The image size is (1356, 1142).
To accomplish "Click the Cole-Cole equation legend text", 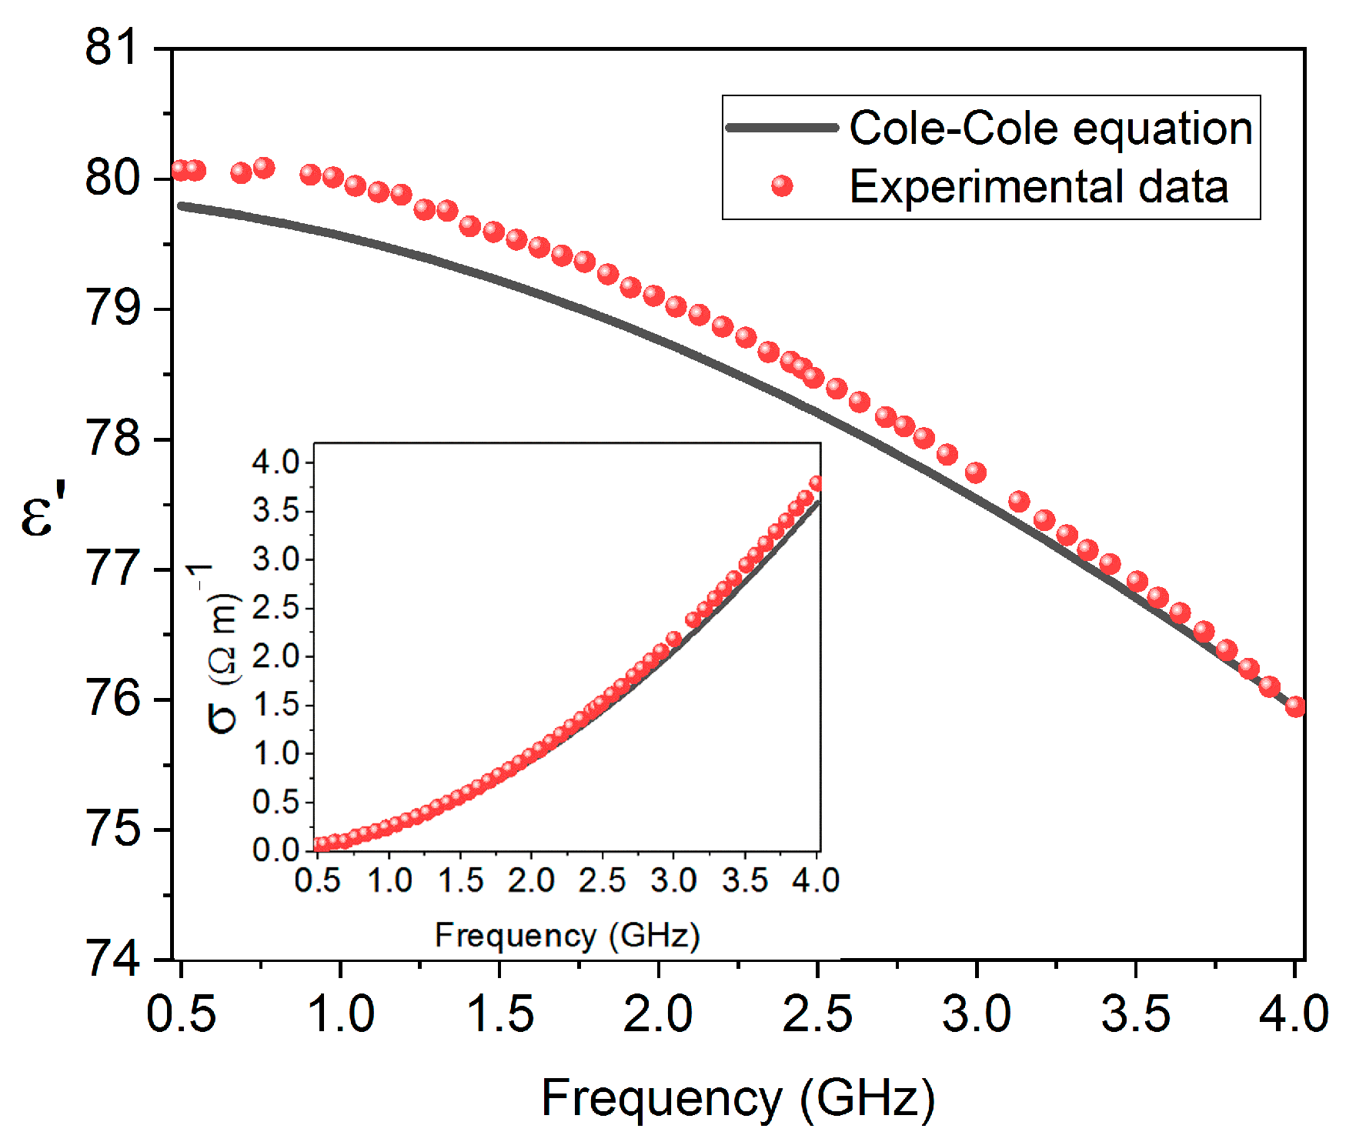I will [x=1050, y=128].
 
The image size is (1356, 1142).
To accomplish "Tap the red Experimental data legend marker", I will [x=782, y=186].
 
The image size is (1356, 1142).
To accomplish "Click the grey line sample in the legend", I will [x=782, y=128].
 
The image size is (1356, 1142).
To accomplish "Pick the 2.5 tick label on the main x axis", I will [x=817, y=1013].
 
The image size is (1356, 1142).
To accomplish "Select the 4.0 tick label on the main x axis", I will [x=1294, y=1013].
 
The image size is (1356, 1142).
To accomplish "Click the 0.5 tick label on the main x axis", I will [x=181, y=1013].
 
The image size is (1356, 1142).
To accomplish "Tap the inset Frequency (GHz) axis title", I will [x=567, y=936].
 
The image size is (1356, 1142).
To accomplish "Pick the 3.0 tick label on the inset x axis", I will [x=673, y=880].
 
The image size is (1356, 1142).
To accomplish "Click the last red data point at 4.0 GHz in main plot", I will [x=1295, y=706].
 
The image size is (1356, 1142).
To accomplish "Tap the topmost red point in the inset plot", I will [x=816, y=483].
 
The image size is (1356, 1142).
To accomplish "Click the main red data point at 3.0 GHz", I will [x=975, y=472].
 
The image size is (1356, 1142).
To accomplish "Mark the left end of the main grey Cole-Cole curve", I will [x=181, y=205].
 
